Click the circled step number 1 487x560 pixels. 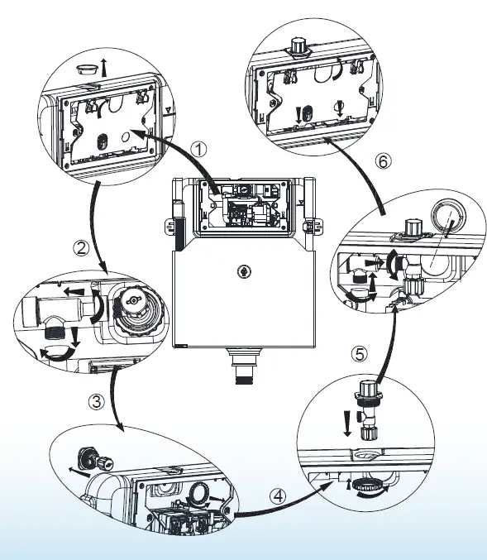198,149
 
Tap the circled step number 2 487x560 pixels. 81,248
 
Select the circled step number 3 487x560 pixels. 97,401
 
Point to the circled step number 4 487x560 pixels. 278,496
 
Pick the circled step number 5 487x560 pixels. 359,354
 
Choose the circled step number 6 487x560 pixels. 383,161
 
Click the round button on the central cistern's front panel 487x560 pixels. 244,272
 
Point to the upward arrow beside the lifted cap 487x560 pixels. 104,68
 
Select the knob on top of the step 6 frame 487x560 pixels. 297,47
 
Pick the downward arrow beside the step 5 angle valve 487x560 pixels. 346,424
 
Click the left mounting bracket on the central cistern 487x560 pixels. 170,227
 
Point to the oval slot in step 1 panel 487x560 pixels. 103,141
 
